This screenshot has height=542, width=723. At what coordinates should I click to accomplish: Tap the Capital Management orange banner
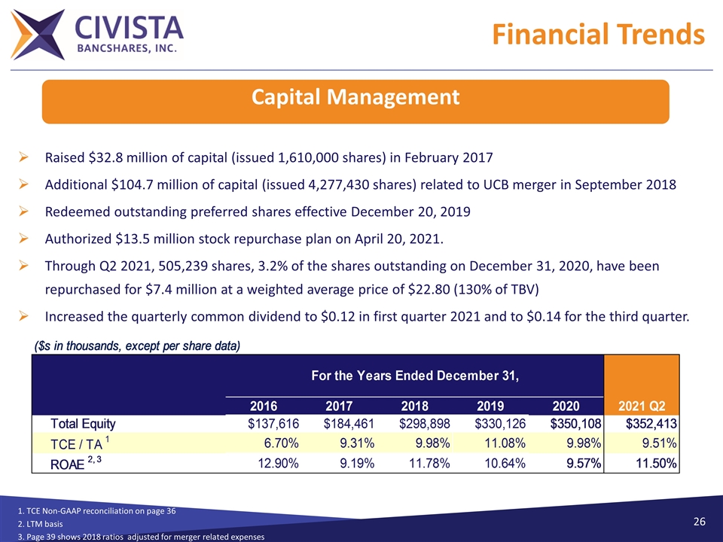[x=355, y=98]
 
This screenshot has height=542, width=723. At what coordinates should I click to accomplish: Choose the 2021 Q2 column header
[x=641, y=406]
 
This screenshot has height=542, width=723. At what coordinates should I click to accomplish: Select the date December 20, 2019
[x=407, y=212]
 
